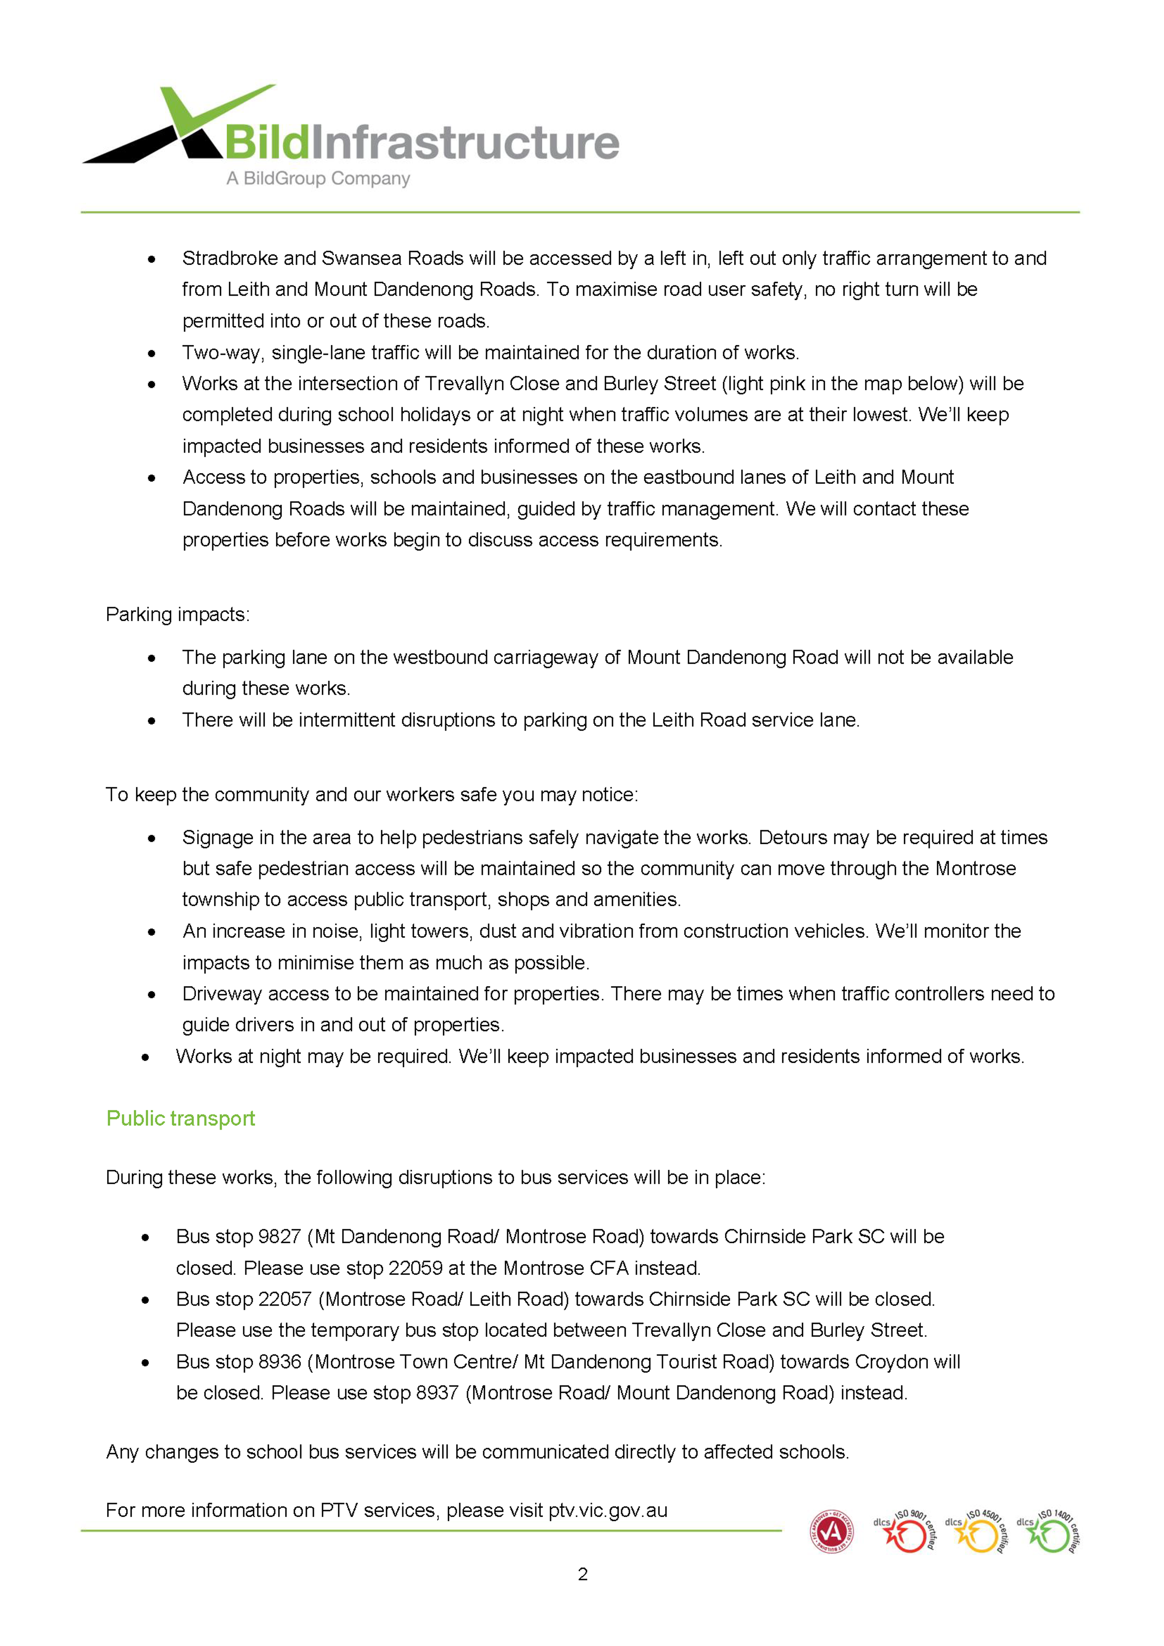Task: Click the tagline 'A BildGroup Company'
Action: [x=318, y=178]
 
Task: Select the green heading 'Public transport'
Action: [x=181, y=1118]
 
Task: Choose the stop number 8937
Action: [x=437, y=1392]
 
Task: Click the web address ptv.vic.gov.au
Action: [x=608, y=1511]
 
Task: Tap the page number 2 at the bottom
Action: [x=582, y=1574]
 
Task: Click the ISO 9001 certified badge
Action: [x=905, y=1532]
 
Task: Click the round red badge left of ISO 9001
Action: [x=832, y=1532]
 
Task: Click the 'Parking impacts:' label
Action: [x=178, y=614]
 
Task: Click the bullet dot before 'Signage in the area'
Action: [x=151, y=838]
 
